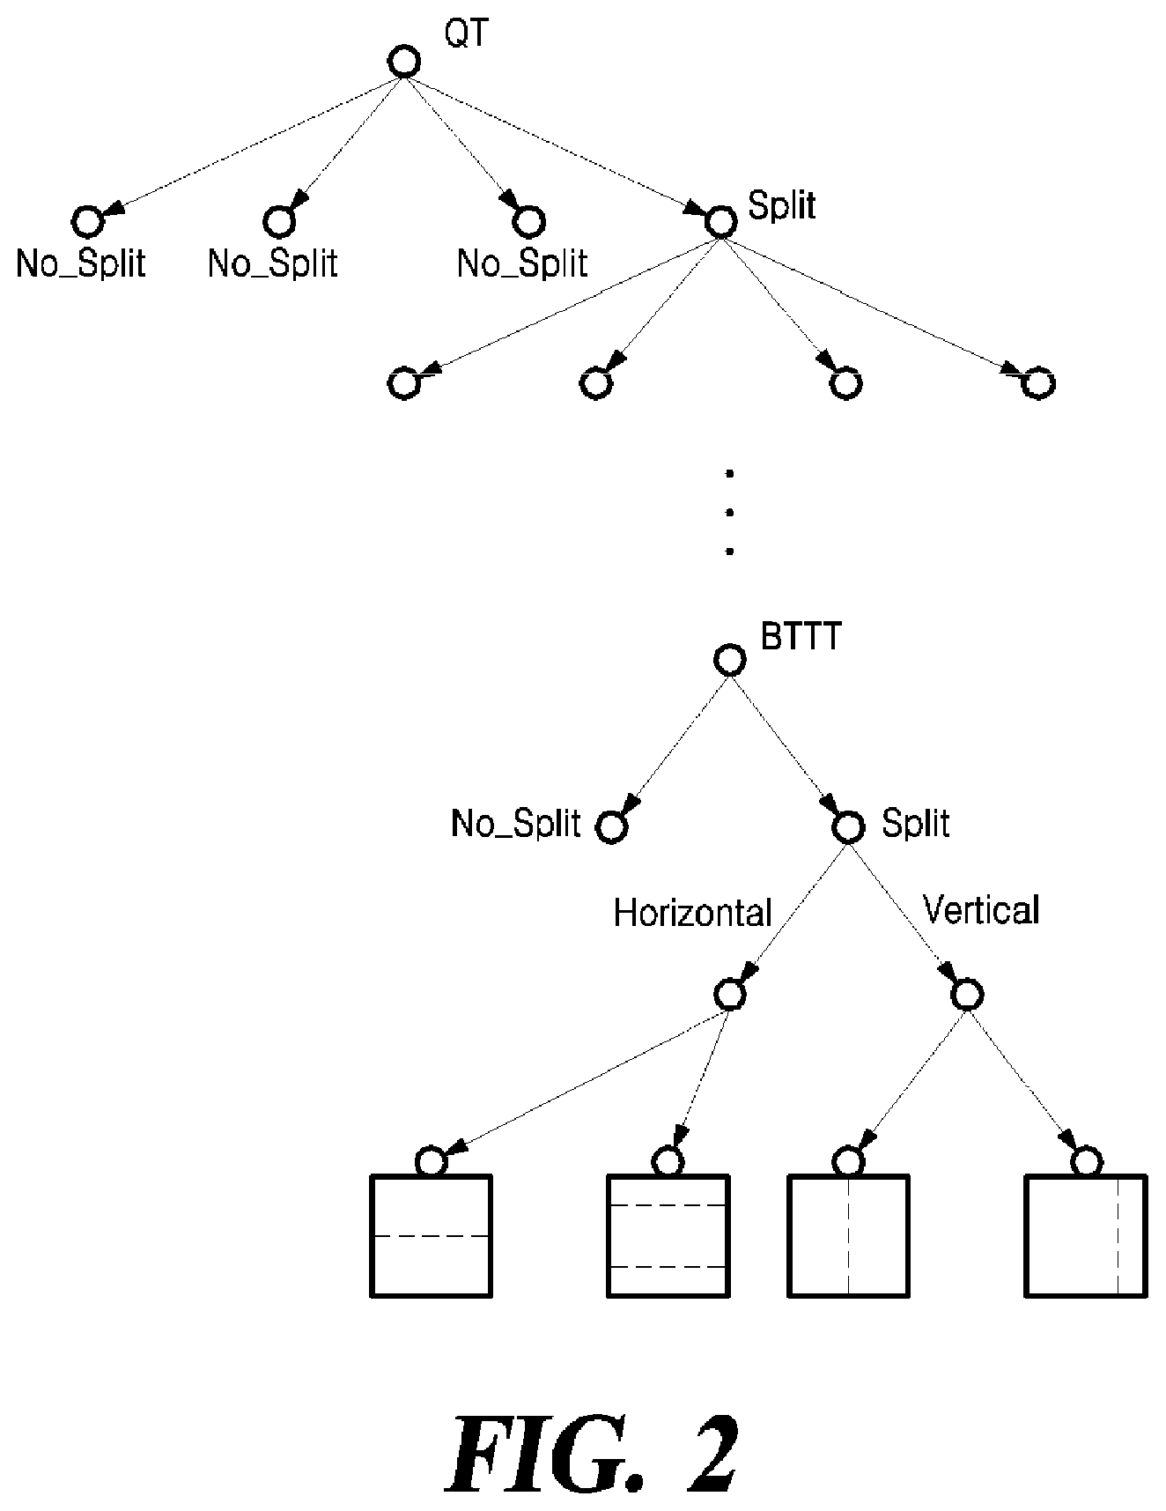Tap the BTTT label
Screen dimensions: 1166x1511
pyautogui.click(x=801, y=637)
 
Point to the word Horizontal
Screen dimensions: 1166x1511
pyautogui.click(x=692, y=913)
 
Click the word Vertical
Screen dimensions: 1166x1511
pyautogui.click(x=981, y=909)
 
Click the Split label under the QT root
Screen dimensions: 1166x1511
pyautogui.click(x=781, y=205)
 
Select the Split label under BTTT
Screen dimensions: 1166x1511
pyautogui.click(x=916, y=824)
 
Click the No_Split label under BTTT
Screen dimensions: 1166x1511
pyautogui.click(x=516, y=824)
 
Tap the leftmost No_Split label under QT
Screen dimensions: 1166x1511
pyautogui.click(x=80, y=263)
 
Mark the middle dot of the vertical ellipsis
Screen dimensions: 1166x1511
pyautogui.click(x=729, y=513)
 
